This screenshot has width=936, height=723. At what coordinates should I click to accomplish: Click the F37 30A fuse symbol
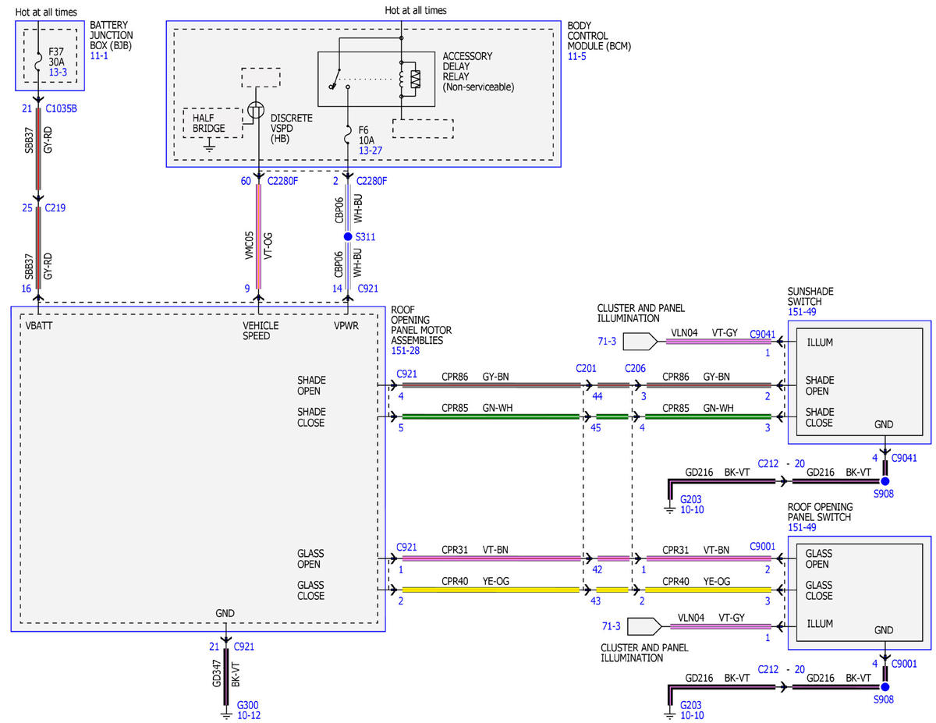pos(38,61)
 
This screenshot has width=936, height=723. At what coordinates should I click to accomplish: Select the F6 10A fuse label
pos(366,135)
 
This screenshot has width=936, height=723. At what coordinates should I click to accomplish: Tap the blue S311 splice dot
pos(348,236)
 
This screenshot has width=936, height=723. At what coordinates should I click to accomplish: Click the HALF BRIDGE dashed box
pos(213,123)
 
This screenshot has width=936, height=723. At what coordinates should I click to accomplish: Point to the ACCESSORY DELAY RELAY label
pos(478,72)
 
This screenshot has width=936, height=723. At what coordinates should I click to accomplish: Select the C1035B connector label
pos(61,108)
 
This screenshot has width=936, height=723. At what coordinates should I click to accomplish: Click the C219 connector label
pos(55,207)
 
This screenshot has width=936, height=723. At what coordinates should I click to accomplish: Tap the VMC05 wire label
pos(249,246)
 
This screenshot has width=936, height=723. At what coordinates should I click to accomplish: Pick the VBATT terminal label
pos(39,325)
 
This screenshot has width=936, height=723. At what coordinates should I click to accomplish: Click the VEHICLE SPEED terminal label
pos(261,331)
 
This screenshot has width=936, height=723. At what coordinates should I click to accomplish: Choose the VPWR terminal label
pos(346,325)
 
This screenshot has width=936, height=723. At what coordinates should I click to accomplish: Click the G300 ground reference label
pos(248,705)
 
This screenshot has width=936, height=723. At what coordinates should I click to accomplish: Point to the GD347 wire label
pos(216,674)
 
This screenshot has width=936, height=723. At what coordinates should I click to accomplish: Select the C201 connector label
pos(586,369)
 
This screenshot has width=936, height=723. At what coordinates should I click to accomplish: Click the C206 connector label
pos(635,369)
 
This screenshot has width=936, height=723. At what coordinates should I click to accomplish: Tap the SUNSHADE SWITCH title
pos(810,296)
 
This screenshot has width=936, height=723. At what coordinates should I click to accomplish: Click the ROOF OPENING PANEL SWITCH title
pos(820,512)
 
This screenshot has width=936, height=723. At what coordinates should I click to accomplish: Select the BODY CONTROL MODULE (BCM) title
pos(599,36)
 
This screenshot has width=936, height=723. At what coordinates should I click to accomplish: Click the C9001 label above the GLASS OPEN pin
pos(762,547)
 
